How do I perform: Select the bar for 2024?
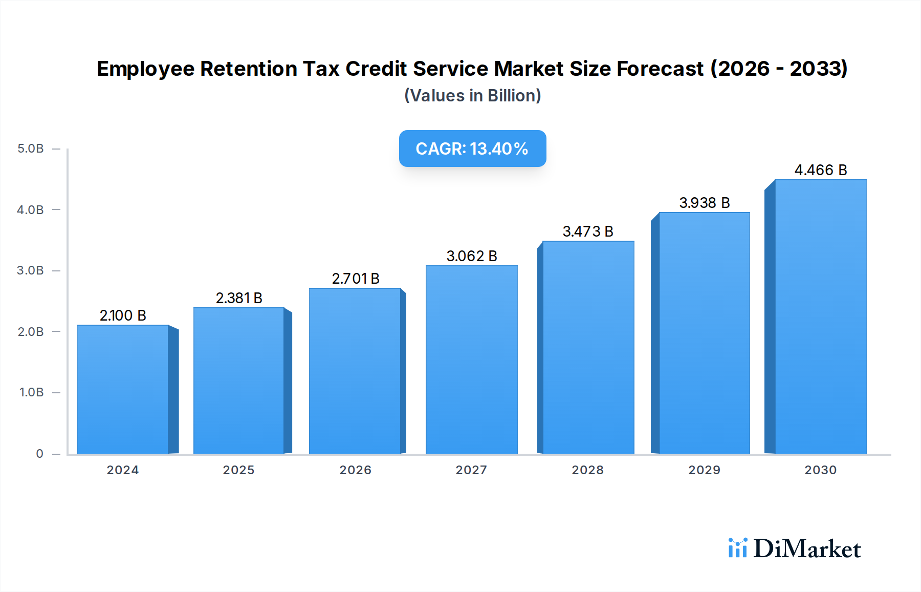pos(123,389)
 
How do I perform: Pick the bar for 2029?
pos(704,333)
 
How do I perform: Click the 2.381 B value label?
pos(239,298)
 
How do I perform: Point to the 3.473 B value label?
pos(588,231)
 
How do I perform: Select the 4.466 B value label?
pos(821,170)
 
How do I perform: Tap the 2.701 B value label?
pos(356,279)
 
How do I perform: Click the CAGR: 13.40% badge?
pos(472,149)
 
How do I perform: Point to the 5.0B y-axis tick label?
pos(31,149)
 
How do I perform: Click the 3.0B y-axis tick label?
pos(31,270)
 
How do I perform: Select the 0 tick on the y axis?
pos(39,454)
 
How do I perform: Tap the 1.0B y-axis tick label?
pos(31,392)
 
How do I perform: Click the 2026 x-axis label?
pos(355,470)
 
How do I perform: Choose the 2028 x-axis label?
pos(587,470)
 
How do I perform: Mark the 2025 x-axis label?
pos(238,470)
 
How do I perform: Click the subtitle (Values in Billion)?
pos(472,96)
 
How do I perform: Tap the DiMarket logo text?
pos(807,548)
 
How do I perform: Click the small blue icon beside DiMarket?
pos(737,548)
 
